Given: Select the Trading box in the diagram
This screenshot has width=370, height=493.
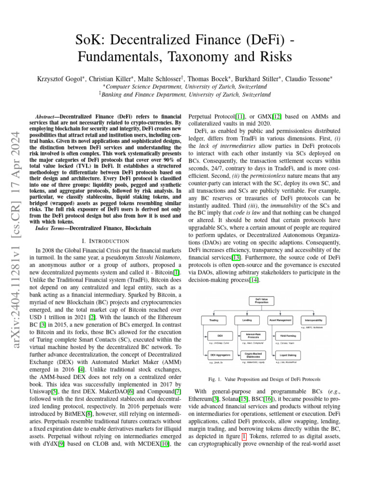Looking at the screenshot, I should [x=213, y=320].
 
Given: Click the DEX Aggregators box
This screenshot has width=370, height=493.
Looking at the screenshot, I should [x=220, y=355].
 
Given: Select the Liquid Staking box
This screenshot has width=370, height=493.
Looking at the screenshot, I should [x=288, y=355].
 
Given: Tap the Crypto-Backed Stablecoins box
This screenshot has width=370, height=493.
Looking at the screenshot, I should [x=253, y=355].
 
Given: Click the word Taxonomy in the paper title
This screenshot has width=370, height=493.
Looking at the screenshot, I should [x=195, y=57].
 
